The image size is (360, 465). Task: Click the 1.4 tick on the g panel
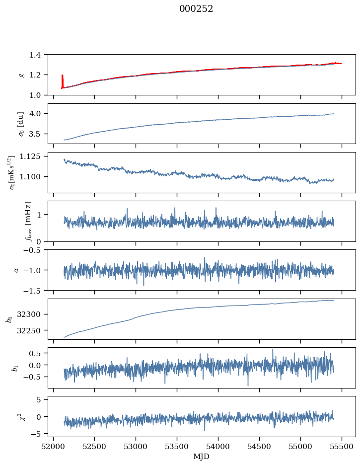(x=37, y=55)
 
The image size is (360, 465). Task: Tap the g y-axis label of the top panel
(x=21, y=75)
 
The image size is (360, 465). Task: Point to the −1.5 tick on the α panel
(x=35, y=290)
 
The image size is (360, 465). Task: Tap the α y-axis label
(x=16, y=270)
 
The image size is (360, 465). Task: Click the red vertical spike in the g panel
(x=62, y=80)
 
